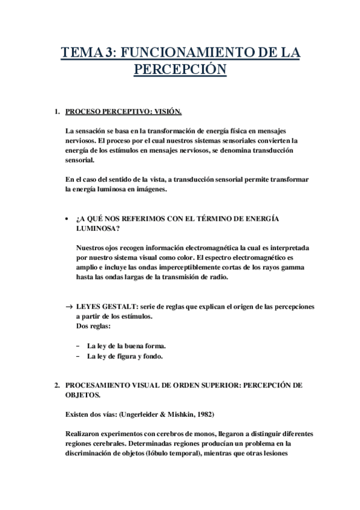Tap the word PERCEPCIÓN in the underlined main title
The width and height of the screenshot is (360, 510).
pyautogui.click(x=180, y=70)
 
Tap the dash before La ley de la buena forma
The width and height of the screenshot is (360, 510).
pyautogui.click(x=79, y=346)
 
